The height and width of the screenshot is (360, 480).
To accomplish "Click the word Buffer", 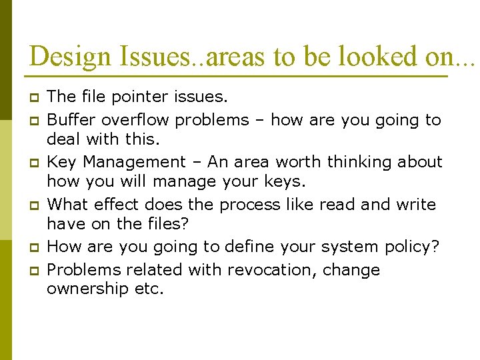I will (70, 120).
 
